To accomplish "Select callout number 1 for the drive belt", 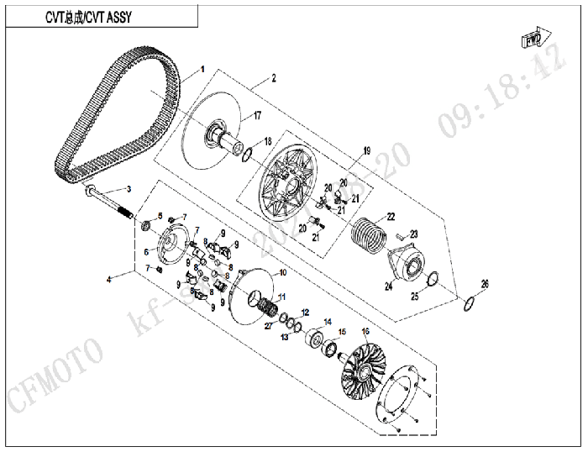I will (x=202, y=70).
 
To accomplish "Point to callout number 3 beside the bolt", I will (x=129, y=188).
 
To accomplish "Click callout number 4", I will (x=108, y=275).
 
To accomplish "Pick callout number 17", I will (x=258, y=115).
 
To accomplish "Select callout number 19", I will (x=366, y=150).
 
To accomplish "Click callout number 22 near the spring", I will (x=391, y=217).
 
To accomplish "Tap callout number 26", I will (x=484, y=282).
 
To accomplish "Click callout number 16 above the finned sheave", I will (x=365, y=332).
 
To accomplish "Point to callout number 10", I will (x=282, y=273).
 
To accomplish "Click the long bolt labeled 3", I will (x=108, y=202).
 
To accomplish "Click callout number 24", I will (x=388, y=286).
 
